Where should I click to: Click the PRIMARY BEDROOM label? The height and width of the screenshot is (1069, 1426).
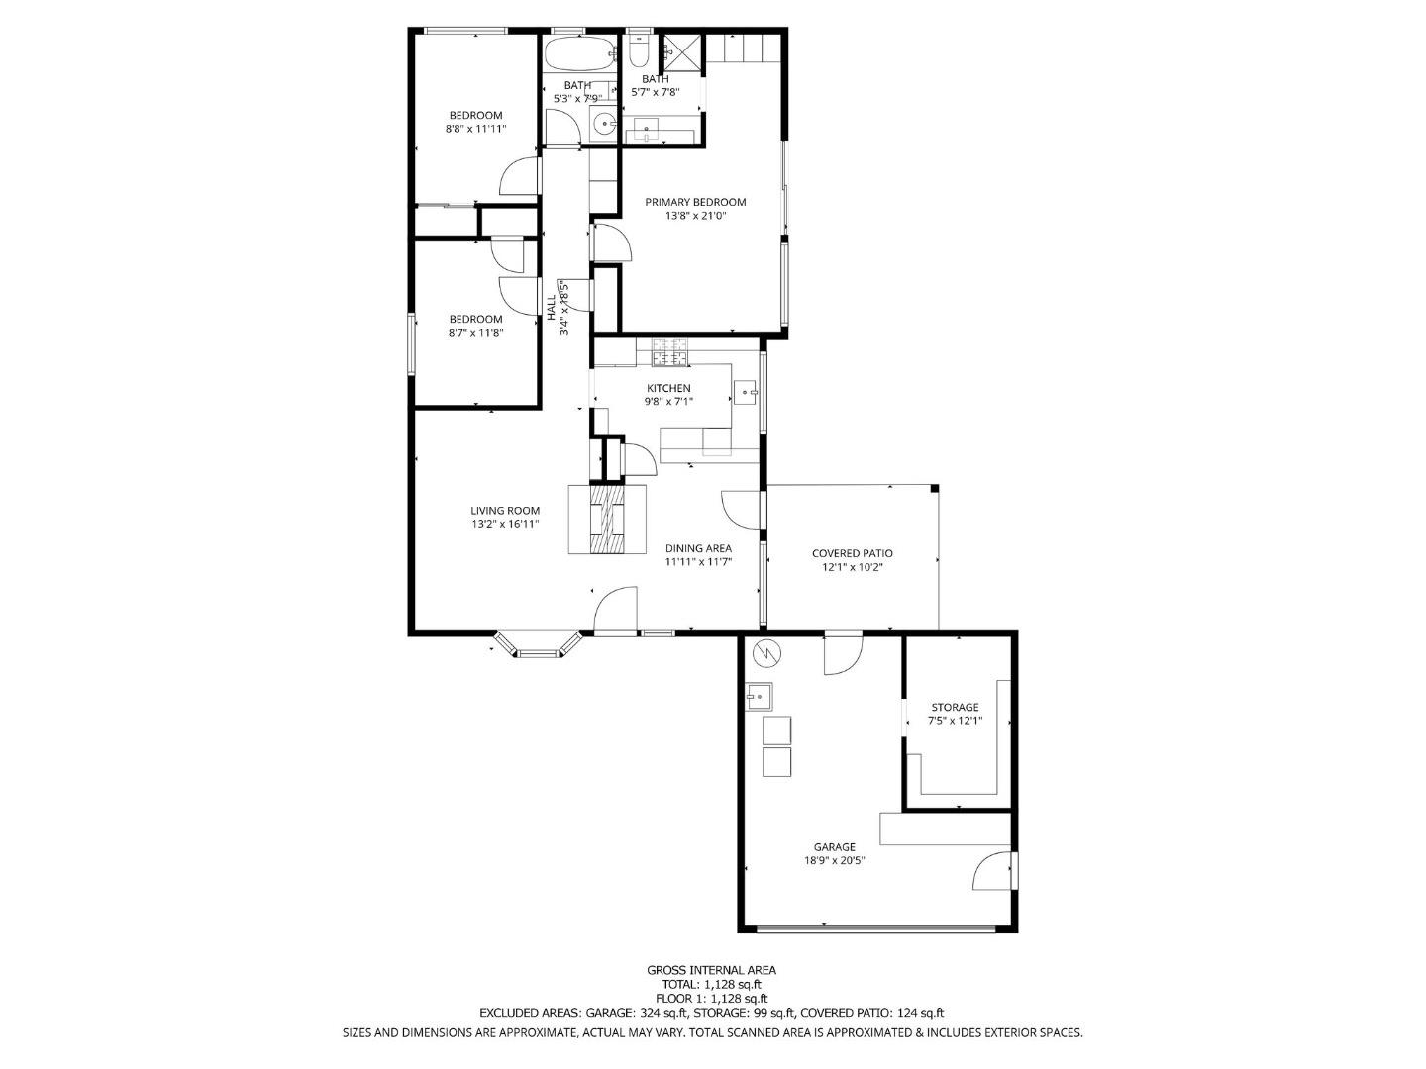coord(695,202)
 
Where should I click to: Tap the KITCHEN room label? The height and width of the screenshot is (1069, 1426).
coord(668,388)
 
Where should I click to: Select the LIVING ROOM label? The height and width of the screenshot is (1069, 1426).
coord(505,511)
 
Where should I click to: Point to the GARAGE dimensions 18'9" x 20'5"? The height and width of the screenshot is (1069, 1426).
coord(835,861)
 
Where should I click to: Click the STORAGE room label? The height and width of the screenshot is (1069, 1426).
coord(955,707)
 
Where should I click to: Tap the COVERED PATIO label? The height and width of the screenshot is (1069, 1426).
coord(852,553)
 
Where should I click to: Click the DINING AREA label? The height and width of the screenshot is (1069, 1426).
coord(698,548)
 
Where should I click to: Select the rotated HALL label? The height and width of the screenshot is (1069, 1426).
coord(552,307)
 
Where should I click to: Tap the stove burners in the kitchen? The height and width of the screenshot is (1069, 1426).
coord(669,350)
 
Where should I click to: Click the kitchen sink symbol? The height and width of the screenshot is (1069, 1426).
coord(745,393)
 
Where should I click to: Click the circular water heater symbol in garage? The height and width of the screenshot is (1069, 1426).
coord(766,653)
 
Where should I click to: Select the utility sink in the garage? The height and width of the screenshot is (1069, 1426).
coord(760,697)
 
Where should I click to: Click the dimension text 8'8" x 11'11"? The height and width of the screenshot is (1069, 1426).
coord(475,129)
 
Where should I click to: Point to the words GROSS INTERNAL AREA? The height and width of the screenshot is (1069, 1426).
coord(711,970)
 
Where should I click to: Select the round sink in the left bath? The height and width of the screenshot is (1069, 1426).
coord(603,125)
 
